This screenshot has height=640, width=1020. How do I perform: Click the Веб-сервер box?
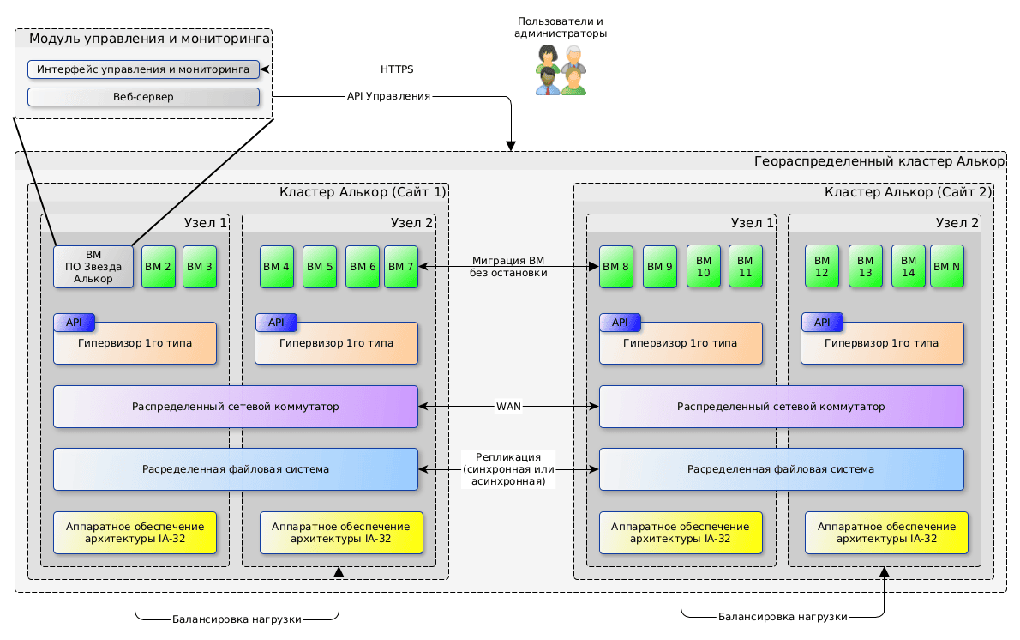click(143, 97)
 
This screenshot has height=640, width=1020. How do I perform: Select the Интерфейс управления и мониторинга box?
click(143, 69)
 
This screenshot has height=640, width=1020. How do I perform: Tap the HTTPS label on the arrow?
click(397, 69)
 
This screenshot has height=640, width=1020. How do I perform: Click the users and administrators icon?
click(561, 69)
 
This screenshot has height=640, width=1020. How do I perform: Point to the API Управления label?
click(388, 96)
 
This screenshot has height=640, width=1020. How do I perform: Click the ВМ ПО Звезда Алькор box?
click(93, 267)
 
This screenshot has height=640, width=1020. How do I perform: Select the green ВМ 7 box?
click(401, 267)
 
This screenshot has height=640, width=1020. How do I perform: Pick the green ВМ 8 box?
click(615, 267)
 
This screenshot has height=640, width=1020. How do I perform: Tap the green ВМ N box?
click(946, 267)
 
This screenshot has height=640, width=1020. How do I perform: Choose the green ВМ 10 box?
click(704, 266)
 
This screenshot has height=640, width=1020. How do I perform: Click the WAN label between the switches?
click(508, 406)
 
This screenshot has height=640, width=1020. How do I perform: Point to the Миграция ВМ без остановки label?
click(508, 267)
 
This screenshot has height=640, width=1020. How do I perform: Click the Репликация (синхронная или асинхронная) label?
click(508, 469)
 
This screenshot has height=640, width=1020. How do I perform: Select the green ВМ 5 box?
click(320, 267)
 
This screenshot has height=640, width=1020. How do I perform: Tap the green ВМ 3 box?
click(200, 267)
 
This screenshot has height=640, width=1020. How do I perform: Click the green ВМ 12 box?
click(822, 266)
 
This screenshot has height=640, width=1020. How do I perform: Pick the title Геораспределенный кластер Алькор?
click(878, 161)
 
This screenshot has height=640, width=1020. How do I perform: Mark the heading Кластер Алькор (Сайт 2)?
click(908, 192)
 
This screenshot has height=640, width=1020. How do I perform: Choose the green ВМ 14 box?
click(909, 266)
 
